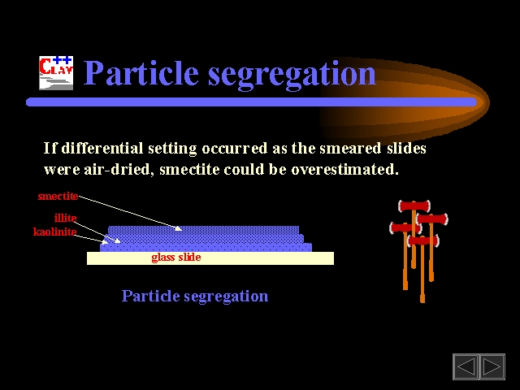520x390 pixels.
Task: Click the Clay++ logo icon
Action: pyautogui.click(x=56, y=73)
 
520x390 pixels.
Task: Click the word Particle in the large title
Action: pyautogui.click(x=141, y=72)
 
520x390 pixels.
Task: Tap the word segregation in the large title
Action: pyautogui.click(x=292, y=76)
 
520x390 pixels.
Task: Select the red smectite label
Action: pyautogui.click(x=58, y=196)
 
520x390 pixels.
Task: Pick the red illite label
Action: pyautogui.click(x=65, y=218)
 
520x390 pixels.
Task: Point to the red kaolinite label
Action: pyautogui.click(x=55, y=232)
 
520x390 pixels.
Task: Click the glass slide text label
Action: pyautogui.click(x=176, y=258)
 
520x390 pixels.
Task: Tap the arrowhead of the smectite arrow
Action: pyautogui.click(x=179, y=228)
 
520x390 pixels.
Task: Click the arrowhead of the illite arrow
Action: pyautogui.click(x=117, y=240)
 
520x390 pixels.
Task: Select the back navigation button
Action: pyautogui.click(x=466, y=366)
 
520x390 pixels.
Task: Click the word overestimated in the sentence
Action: pyautogui.click(x=344, y=170)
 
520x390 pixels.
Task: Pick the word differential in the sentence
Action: pyautogui.click(x=102, y=148)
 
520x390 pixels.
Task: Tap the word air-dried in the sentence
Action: pyautogui.click(x=119, y=170)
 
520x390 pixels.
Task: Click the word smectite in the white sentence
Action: pyautogui.click(x=189, y=170)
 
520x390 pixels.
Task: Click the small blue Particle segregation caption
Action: pyautogui.click(x=195, y=296)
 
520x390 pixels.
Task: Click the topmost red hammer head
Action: pyautogui.click(x=414, y=206)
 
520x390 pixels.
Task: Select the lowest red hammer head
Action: pyautogui.click(x=423, y=240)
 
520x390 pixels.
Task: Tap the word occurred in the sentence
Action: pyautogui.click(x=235, y=148)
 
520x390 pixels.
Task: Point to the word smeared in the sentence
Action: pyautogui.click(x=350, y=148)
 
